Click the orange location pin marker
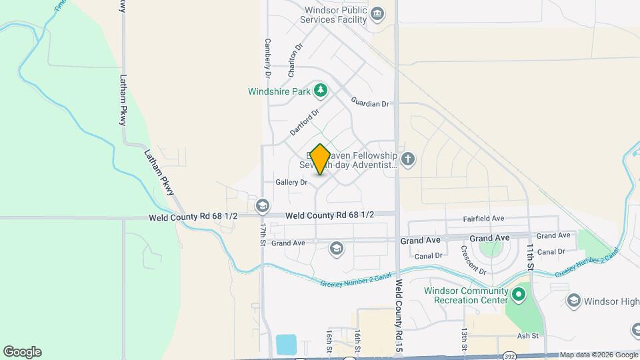(x=320, y=159)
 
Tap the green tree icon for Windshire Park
(x=321, y=90)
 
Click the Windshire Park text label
(x=279, y=91)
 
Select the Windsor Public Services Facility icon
(x=377, y=14)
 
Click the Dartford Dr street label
(x=305, y=119)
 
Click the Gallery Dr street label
(x=291, y=182)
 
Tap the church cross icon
(x=408, y=159)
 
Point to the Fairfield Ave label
(x=484, y=219)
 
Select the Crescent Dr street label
(x=473, y=259)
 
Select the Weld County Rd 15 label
(x=399, y=316)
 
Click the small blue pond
(x=287, y=345)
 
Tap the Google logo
(x=22, y=352)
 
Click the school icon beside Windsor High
(x=573, y=301)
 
